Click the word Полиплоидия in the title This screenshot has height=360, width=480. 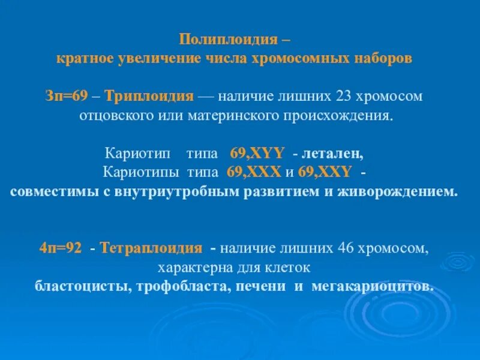(230, 40)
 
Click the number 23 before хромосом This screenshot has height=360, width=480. (347, 96)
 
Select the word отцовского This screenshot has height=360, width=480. (115, 115)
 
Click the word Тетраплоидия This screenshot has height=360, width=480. (151, 248)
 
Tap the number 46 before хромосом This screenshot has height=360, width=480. (352, 248)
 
